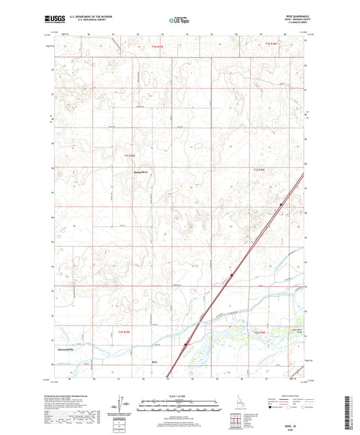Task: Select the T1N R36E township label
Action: [272, 45]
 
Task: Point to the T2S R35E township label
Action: [119, 332]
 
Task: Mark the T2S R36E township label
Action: [260, 332]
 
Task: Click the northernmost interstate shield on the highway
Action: [281, 204]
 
